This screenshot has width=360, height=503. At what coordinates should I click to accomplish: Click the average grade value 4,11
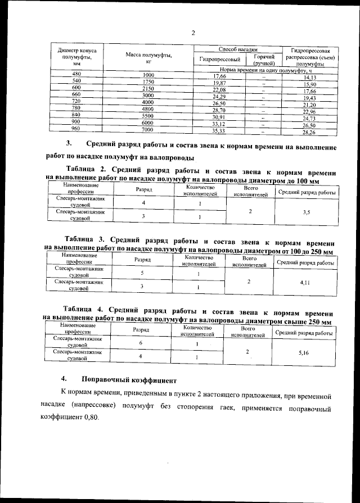(305, 284)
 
